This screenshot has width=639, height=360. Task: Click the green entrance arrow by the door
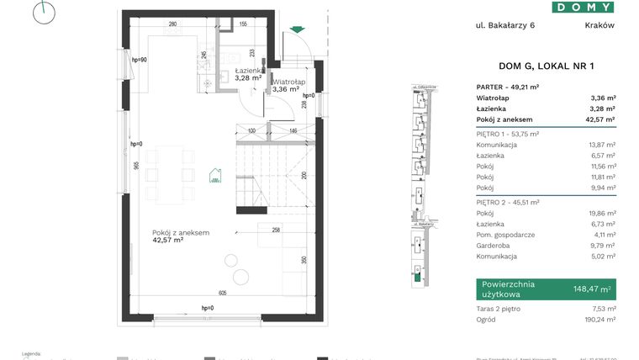pos(295,31)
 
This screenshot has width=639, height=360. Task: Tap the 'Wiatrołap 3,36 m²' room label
pos(287,84)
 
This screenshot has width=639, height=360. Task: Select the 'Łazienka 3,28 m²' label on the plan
pos(248,74)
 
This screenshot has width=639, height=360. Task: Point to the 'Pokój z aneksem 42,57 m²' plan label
pos(180,236)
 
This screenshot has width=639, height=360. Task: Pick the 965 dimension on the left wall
pos(135,167)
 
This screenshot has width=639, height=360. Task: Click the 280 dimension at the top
pos(172,24)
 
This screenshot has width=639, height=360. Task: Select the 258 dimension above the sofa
pos(276,229)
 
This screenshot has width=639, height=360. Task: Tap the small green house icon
pos(215,176)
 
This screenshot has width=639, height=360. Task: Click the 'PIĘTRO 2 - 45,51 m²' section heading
pos(507,203)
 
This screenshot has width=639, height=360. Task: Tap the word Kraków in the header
pos(599,25)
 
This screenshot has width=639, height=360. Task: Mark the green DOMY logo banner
pos(582,7)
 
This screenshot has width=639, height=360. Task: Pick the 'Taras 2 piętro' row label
pos(497,309)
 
